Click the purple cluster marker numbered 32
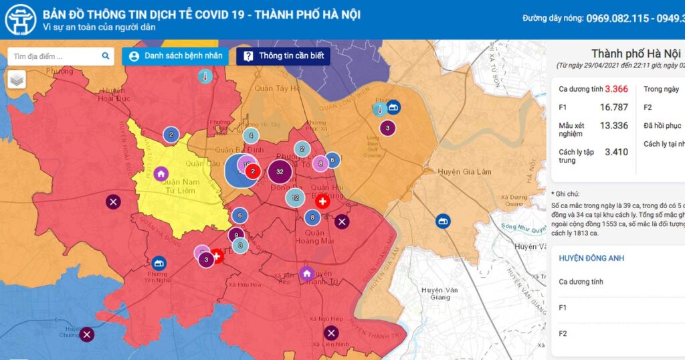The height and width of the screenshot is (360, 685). point(280,172)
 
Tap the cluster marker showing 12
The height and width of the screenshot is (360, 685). point(295,197)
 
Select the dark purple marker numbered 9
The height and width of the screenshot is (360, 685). point(235,235)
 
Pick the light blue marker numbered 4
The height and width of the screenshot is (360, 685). point(251,136)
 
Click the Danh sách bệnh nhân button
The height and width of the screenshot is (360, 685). point(175,56)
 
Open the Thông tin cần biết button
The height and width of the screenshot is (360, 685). point(283,56)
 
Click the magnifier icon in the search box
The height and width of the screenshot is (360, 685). point(105,56)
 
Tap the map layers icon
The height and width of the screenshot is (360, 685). point(17,80)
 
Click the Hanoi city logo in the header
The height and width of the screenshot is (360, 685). point(20,19)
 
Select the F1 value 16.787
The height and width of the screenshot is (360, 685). point(613,107)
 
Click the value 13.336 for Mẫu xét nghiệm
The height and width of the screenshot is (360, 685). point(613,125)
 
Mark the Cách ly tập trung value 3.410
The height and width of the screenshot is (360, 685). point(616,152)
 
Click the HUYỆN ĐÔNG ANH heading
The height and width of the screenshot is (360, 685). point(591,258)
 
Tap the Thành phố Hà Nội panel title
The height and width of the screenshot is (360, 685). point(635,54)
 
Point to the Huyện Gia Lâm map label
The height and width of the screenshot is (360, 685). point(464,172)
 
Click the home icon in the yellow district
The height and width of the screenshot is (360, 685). point(161,174)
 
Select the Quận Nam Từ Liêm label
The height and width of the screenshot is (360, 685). point(177,186)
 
